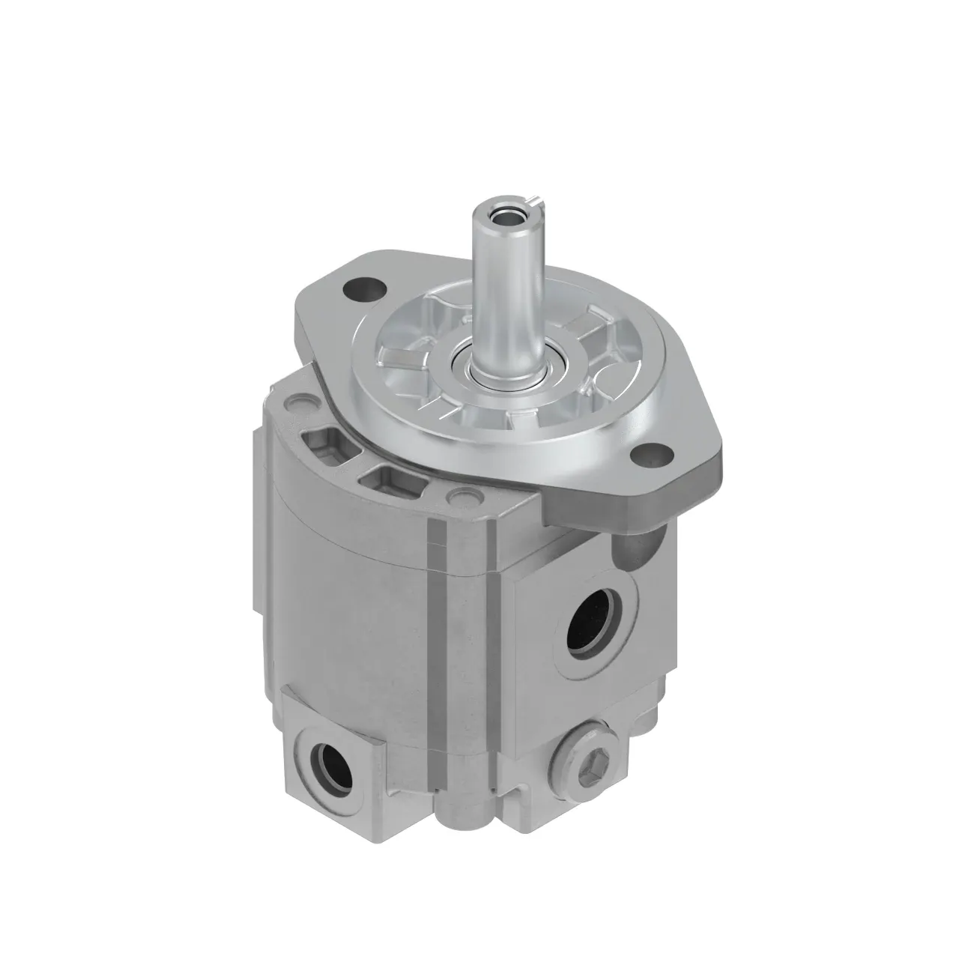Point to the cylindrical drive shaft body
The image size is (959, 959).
point(499,285)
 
